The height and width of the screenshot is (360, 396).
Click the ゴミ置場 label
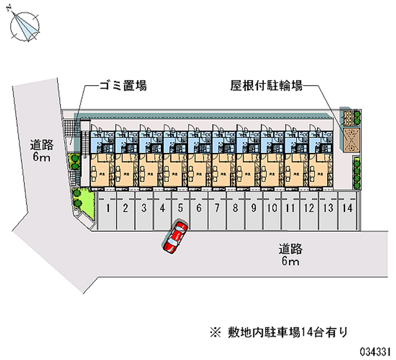[123, 86]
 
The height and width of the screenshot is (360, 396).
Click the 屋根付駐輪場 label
[266, 86]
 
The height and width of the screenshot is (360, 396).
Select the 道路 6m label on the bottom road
[290, 255]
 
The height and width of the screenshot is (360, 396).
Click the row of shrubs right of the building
[357, 174]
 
